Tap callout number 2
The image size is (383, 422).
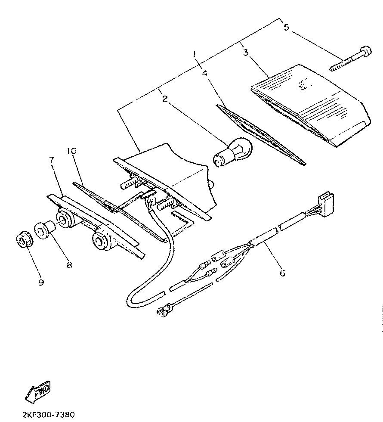pos(165,99)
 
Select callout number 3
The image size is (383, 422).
pos(246,52)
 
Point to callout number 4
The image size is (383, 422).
pos(205,73)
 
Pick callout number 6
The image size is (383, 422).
pos(282,273)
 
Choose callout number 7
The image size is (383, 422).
pos(52,160)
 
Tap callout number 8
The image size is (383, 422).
pos(69,265)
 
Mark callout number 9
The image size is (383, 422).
pos(41,282)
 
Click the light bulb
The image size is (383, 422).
pos(233,152)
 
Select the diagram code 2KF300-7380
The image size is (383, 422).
pos(48,414)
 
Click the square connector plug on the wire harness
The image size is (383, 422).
pos(325,203)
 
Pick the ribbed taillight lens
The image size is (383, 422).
pos(311,106)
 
